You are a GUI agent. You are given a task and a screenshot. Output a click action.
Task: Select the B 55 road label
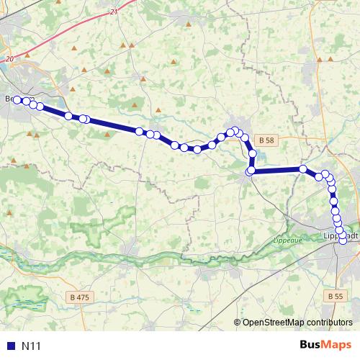coord(333,296)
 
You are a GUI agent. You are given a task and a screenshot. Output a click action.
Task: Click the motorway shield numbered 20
coord(9,59)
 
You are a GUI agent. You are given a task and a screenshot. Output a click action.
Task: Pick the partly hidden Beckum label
coord(9,99)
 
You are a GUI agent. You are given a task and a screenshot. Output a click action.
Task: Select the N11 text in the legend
coord(32,346)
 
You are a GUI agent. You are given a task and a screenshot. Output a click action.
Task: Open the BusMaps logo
coord(323,346)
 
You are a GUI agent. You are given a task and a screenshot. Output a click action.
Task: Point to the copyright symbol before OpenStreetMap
coord(238,323)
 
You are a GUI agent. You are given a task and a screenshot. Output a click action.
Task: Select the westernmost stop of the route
coord(17,100)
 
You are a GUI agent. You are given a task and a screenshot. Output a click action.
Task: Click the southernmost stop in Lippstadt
coord(343,240)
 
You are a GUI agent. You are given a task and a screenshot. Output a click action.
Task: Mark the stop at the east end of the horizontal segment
coord(303,169)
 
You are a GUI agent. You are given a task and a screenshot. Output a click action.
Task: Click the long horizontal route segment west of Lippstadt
coord(277,170)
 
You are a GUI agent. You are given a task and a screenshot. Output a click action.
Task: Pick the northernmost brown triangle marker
coord(189,25)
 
